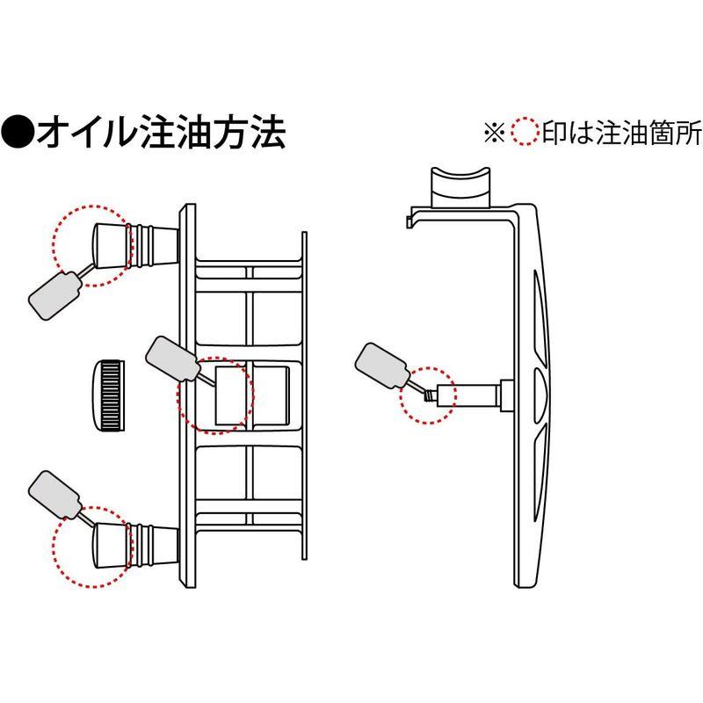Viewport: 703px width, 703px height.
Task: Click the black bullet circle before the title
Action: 18,134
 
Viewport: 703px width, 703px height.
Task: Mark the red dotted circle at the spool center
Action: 215,395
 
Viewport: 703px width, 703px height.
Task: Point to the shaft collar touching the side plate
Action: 507,395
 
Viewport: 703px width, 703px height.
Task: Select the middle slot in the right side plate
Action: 538,387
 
